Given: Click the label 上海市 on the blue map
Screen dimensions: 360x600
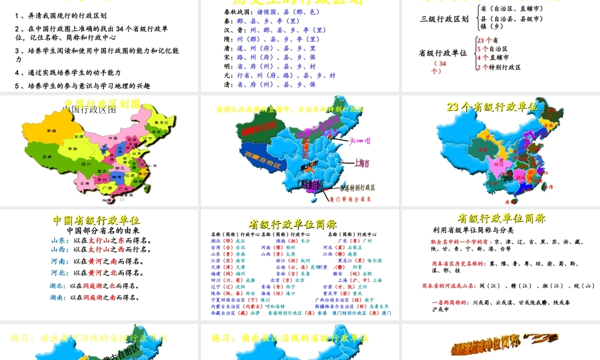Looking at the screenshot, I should click(x=361, y=163).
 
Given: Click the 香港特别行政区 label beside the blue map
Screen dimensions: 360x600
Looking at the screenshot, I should click(x=352, y=187).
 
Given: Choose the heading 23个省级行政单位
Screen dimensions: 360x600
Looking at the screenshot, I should click(x=493, y=107).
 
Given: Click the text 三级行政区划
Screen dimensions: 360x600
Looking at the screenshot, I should click(x=445, y=19).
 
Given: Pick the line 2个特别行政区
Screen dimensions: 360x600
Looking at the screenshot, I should click(x=499, y=67).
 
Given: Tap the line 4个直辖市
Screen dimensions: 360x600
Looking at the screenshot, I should click(x=491, y=58).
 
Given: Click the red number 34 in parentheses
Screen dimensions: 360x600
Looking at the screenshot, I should click(x=442, y=63).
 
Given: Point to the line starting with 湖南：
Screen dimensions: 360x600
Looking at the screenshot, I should click(x=96, y=297).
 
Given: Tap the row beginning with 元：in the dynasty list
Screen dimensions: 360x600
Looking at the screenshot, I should click(x=275, y=76).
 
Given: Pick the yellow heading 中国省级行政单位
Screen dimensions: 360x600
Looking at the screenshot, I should click(x=97, y=220).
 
